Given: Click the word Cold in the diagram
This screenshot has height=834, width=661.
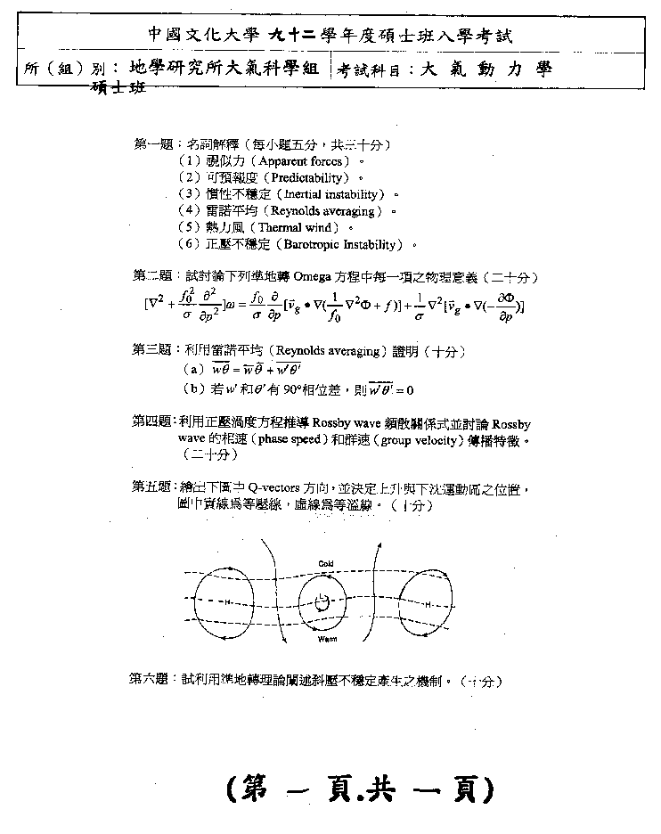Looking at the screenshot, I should (326, 564).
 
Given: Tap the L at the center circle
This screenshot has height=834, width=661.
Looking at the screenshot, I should (322, 603).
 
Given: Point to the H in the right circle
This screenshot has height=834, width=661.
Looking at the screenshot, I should (428, 603).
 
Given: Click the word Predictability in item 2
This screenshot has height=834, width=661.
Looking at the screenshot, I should (304, 177).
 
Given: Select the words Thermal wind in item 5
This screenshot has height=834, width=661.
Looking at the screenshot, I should (297, 227).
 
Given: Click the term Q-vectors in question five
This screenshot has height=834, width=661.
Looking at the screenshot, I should (271, 487).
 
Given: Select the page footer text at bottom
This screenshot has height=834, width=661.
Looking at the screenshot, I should (361, 788).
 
